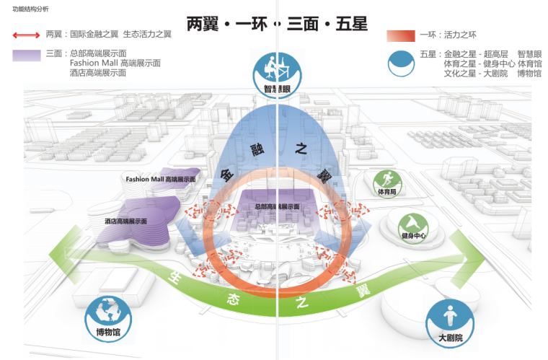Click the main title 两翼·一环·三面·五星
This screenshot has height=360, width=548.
tap(277, 24)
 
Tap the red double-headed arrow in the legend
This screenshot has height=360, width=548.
tap(26, 35)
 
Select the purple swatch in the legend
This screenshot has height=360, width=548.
tap(27, 55)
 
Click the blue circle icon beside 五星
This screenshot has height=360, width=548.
tap(402, 63)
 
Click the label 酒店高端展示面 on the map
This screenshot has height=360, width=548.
tap(125, 221)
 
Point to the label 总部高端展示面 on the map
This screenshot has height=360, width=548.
tap(277, 207)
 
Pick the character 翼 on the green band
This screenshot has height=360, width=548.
tap(361, 291)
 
